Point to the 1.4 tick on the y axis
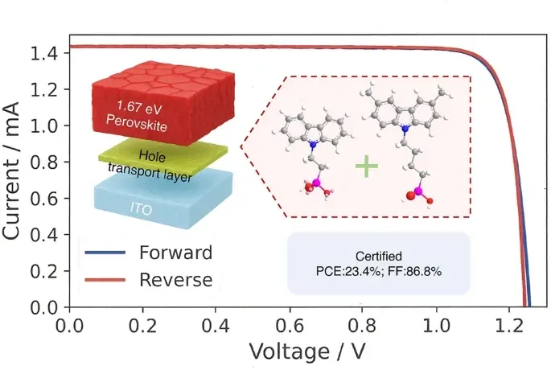click(x=46, y=53)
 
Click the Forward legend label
click(x=175, y=253)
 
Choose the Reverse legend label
click(x=175, y=279)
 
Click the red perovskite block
click(x=145, y=113)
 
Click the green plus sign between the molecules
click(x=367, y=166)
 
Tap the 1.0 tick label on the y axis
click(x=46, y=126)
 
